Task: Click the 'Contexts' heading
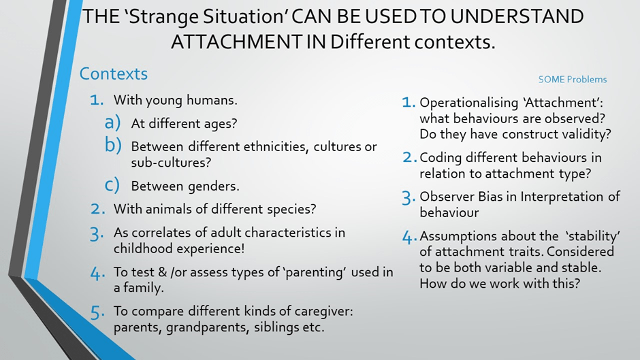click(x=114, y=74)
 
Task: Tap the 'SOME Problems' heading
click(x=572, y=79)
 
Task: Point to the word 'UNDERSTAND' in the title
click(x=517, y=16)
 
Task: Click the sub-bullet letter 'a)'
click(x=112, y=122)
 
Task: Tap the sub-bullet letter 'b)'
click(x=113, y=144)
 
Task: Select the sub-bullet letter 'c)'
click(x=112, y=185)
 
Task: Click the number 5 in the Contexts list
click(x=97, y=312)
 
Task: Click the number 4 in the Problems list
click(x=409, y=237)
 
